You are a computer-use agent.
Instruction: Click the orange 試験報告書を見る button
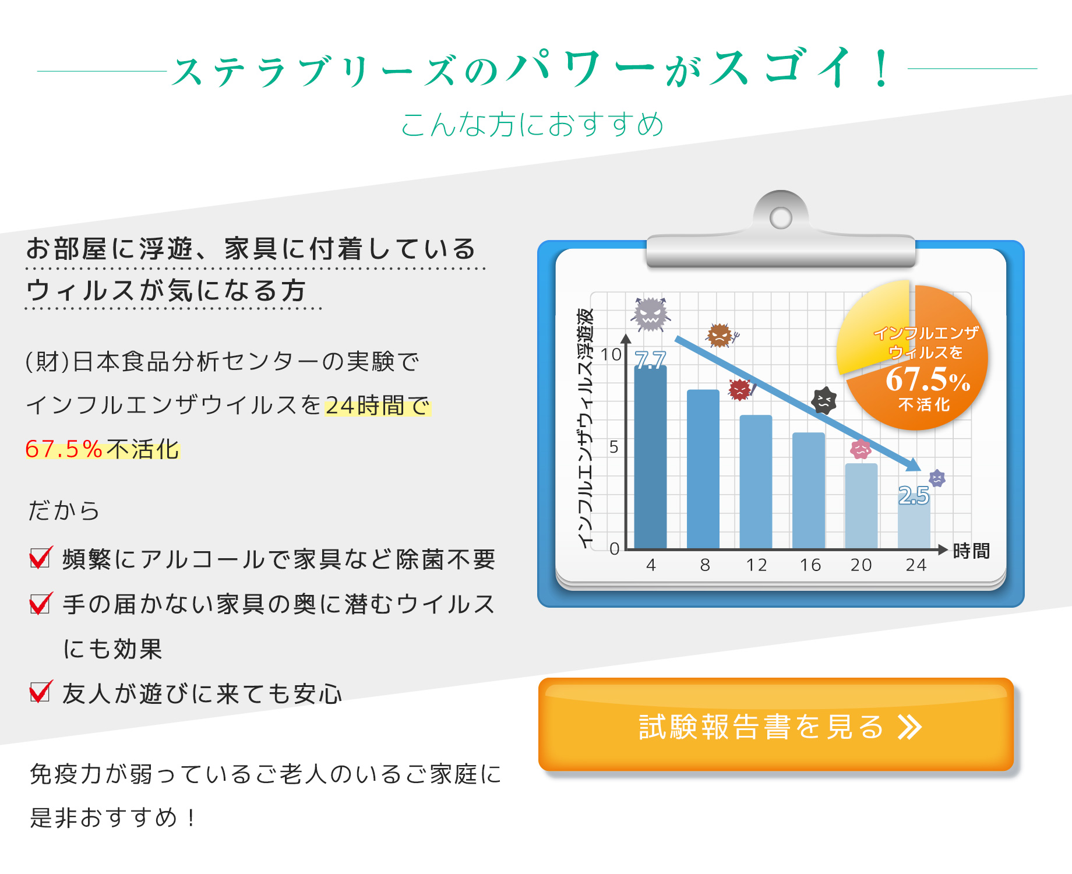coord(776,725)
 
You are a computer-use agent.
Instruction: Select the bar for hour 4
coord(650,457)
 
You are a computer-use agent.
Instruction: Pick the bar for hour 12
coord(756,482)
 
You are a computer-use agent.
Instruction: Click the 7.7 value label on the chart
coord(650,360)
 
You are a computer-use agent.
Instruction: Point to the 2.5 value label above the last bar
coord(914,495)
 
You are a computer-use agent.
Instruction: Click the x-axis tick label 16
coord(810,565)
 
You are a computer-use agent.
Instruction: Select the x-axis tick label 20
coord(861,565)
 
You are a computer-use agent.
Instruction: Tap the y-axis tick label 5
coord(613,447)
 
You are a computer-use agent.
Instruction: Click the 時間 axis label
coord(971,551)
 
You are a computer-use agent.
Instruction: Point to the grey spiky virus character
coord(650,314)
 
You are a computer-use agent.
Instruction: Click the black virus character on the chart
coord(824,400)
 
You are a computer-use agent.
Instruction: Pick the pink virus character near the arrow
coord(861,449)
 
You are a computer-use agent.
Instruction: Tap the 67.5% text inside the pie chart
coord(928,379)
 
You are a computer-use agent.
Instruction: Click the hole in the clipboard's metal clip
coord(781,218)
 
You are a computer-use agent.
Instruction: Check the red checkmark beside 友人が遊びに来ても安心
coord(41,692)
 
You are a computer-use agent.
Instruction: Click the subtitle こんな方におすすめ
coord(533,124)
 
